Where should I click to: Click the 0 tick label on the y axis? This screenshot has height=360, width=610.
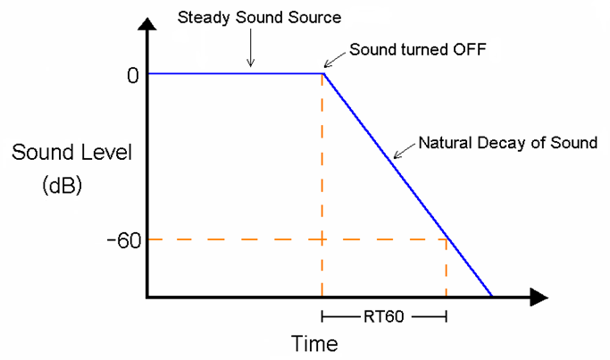tap(132, 75)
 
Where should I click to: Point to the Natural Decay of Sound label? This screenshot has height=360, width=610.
tap(507, 143)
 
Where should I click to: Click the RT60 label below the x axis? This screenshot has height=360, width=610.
tap(383, 316)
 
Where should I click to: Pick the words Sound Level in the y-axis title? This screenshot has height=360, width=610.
tap(71, 152)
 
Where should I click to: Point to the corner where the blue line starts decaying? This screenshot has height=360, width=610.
tap(322, 73)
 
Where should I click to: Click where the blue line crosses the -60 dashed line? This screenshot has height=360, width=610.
tap(446, 239)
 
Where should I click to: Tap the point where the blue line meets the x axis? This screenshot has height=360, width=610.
tap(490, 296)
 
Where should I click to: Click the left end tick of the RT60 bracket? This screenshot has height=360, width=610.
tap(323, 316)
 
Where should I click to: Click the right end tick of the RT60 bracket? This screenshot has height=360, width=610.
tap(444, 316)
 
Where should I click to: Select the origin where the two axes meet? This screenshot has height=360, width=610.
tap(148, 297)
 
